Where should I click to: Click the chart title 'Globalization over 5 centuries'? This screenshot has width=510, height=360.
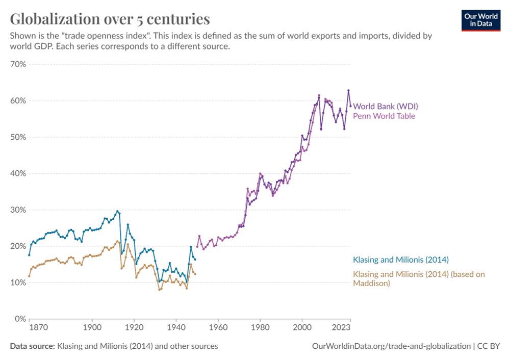[110, 19]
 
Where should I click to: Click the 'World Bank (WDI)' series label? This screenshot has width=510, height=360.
[386, 107]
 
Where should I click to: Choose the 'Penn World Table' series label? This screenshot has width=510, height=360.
[384, 116]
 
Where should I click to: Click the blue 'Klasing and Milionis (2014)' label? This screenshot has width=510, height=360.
[401, 260]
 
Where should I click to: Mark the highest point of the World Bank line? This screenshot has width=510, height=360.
[348, 90]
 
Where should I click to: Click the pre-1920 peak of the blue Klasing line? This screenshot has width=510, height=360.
[117, 211]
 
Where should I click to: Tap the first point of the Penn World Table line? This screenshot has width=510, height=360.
[197, 246]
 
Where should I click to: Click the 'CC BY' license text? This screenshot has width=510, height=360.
[490, 346]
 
